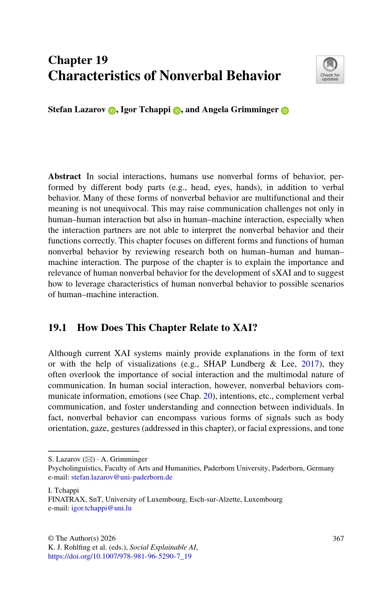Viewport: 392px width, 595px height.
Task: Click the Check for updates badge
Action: [x=330, y=70]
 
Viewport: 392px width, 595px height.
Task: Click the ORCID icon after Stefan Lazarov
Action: [x=112, y=111]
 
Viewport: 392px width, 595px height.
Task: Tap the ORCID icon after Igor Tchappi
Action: [x=177, y=111]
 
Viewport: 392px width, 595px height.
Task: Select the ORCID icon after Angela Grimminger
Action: [x=285, y=111]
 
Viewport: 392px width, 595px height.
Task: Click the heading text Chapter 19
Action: [x=78, y=60]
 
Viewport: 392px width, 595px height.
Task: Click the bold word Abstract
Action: [x=65, y=177]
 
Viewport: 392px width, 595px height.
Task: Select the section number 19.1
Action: [x=57, y=328]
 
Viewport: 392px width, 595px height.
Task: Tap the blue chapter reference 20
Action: [x=208, y=396]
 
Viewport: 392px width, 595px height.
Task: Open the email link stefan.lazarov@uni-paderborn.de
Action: [x=122, y=477]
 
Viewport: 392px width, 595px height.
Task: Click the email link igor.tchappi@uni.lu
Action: [x=101, y=508]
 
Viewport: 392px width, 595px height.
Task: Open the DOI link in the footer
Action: [x=120, y=556]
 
